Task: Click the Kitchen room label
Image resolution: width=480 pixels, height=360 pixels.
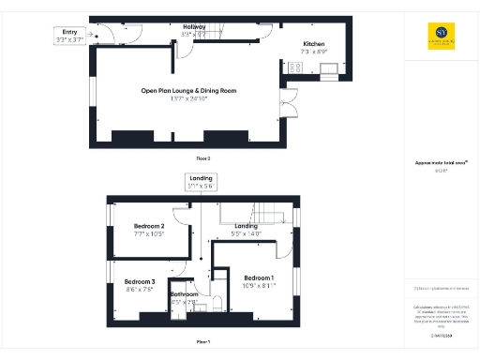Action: click(x=313, y=44)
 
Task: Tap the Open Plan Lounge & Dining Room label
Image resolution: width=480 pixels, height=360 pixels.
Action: click(x=188, y=91)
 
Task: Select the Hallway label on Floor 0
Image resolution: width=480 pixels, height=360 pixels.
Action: click(x=195, y=26)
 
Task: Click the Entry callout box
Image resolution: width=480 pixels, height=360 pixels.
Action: click(x=70, y=37)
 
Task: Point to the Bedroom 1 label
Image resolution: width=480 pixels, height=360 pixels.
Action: click(x=259, y=278)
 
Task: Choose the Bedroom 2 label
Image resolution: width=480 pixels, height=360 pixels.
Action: click(x=149, y=227)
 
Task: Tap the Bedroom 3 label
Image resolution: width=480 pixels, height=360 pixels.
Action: click(x=140, y=282)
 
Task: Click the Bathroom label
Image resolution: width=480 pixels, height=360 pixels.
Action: click(x=184, y=294)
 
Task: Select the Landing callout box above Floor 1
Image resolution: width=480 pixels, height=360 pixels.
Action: click(x=202, y=182)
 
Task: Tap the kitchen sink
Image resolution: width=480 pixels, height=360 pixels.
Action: click(x=292, y=67)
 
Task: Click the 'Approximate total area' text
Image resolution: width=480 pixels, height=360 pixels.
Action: click(x=435, y=162)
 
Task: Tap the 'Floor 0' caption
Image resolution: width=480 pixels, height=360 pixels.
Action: click(x=202, y=158)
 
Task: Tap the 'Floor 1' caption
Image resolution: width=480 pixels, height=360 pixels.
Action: click(x=202, y=341)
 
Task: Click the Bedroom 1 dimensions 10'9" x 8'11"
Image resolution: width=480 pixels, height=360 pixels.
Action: click(x=259, y=287)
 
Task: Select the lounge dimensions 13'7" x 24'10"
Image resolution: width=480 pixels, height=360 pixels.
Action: click(x=188, y=99)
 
